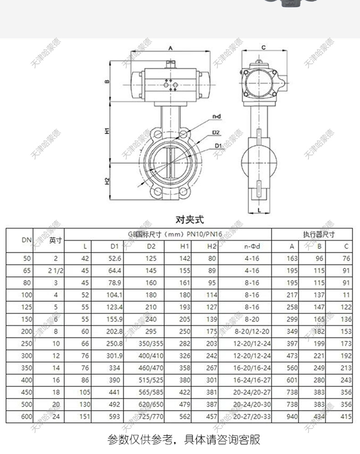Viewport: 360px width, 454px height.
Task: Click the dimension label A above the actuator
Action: click(x=170, y=47)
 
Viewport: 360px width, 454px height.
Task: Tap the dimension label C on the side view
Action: click(x=264, y=47)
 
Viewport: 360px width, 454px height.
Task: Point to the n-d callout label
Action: click(x=216, y=117)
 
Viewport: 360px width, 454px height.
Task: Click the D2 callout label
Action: click(x=216, y=133)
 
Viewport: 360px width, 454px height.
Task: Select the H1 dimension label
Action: click(x=106, y=130)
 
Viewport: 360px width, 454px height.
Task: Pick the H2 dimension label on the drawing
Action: click(x=107, y=181)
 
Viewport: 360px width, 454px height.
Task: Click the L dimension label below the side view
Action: click(x=258, y=210)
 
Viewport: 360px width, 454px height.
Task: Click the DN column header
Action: click(x=26, y=240)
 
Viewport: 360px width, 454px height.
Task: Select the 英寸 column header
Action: click(x=56, y=240)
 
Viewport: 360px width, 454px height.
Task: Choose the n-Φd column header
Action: click(x=252, y=247)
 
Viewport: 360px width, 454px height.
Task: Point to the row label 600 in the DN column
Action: click(x=26, y=416)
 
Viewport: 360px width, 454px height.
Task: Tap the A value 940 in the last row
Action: click(x=291, y=416)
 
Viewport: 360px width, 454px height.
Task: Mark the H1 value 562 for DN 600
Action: click(x=185, y=416)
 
